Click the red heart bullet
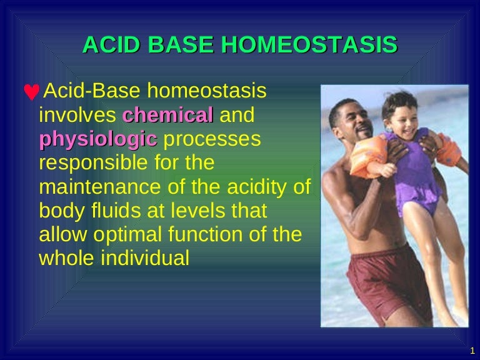click(x=31, y=92)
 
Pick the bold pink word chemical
click(x=167, y=116)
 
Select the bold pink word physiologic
click(x=97, y=139)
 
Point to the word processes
click(x=211, y=139)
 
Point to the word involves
click(x=77, y=116)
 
